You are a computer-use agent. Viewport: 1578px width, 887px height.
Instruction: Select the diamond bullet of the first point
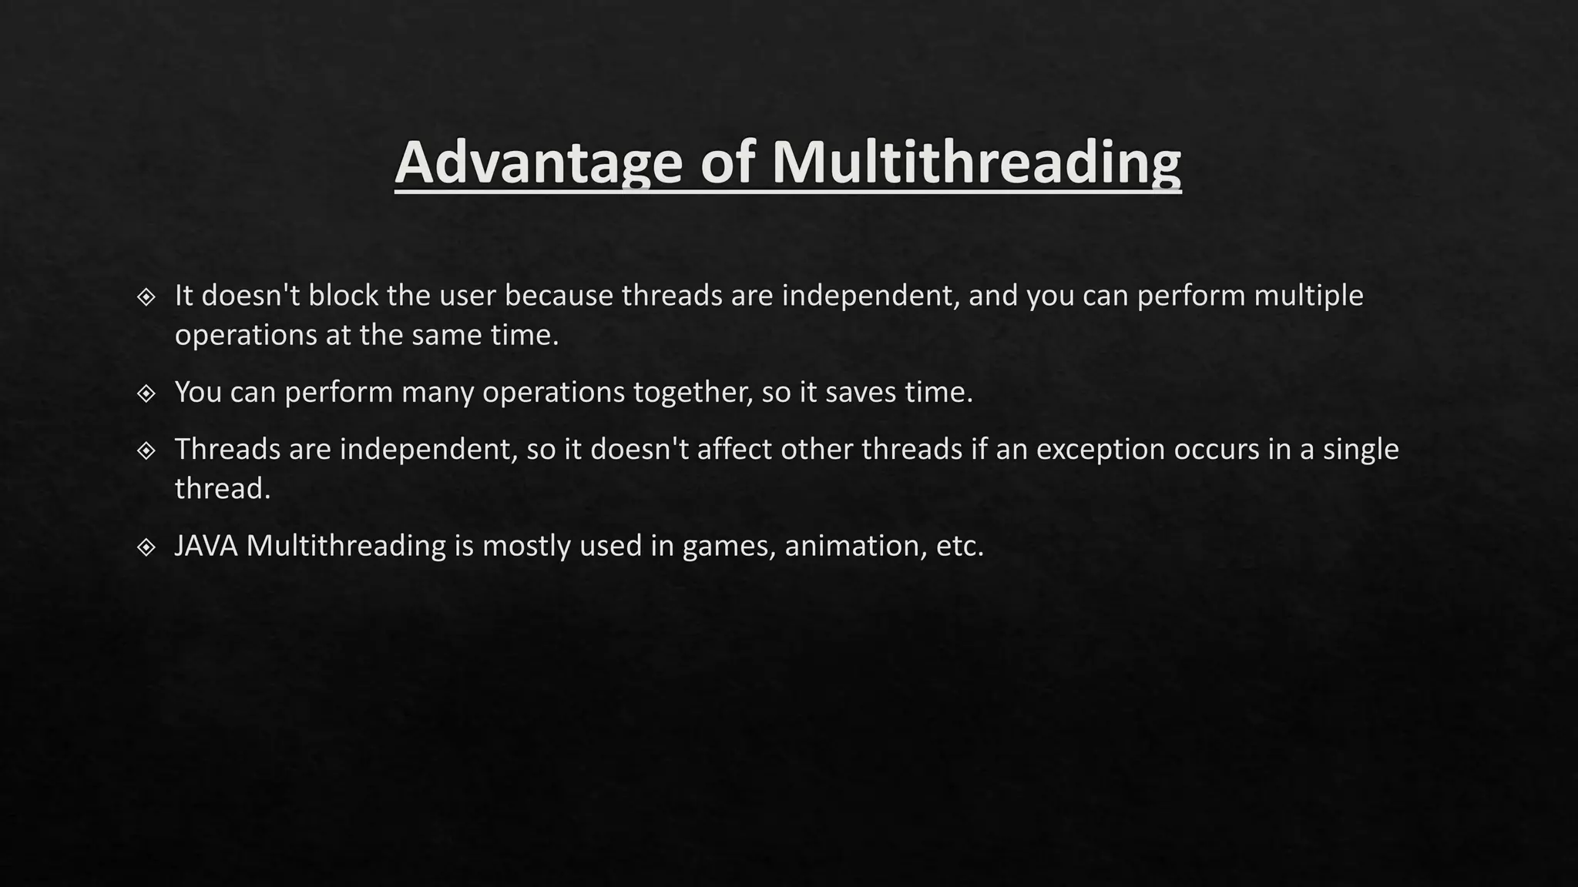coord(146,296)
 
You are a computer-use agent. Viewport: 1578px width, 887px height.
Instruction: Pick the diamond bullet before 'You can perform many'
coord(146,393)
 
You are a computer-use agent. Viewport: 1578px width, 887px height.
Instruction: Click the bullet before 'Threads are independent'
coord(146,450)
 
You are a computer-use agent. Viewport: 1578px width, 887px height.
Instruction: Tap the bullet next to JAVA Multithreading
coord(146,547)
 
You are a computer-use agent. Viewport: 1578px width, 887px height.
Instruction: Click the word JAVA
coord(206,546)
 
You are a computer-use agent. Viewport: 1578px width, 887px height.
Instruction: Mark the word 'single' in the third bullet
coord(1360,450)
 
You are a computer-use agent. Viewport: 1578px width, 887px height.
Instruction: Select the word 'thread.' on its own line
coord(223,489)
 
